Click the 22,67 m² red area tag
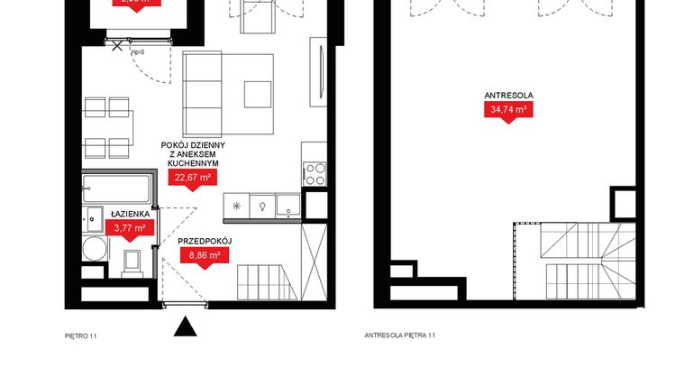(x=193, y=178)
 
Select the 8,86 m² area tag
(x=205, y=256)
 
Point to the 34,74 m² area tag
(x=508, y=110)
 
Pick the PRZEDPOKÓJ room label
(x=205, y=242)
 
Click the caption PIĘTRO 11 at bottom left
(x=80, y=335)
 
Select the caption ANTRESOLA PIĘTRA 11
(x=399, y=335)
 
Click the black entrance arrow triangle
(x=185, y=326)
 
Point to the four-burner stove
(x=315, y=173)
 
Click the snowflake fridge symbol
(x=237, y=206)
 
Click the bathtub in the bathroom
(x=117, y=189)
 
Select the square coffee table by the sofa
(x=257, y=94)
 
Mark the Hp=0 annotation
(x=138, y=52)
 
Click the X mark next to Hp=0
(x=116, y=50)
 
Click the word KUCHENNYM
(x=193, y=163)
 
